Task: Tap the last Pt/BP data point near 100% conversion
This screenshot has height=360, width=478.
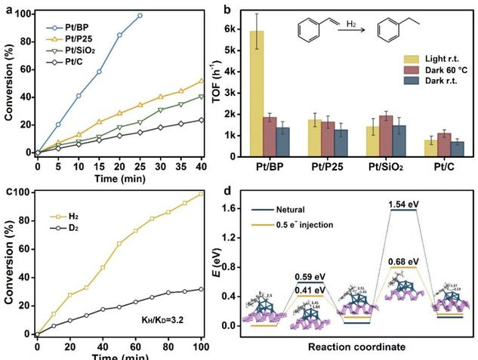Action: [140, 15]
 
